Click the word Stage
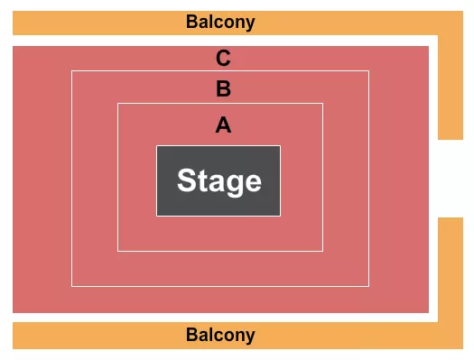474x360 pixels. pos(218,181)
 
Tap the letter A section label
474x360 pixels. pos(223,125)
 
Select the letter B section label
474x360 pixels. pos(223,89)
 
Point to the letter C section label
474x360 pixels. pos(223,60)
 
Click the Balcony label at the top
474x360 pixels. pos(220,22)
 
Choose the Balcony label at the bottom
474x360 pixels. pos(220,336)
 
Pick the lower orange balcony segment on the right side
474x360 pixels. pos(450,271)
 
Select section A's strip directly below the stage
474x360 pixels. pos(219,234)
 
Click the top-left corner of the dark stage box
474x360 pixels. pos(157,146)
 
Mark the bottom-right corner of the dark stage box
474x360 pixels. pos(280,216)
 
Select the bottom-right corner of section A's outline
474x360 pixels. pos(322,251)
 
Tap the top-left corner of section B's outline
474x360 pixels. pos(72,70)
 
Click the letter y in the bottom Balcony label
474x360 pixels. pos(251,337)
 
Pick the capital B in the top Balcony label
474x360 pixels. pos(191,22)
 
